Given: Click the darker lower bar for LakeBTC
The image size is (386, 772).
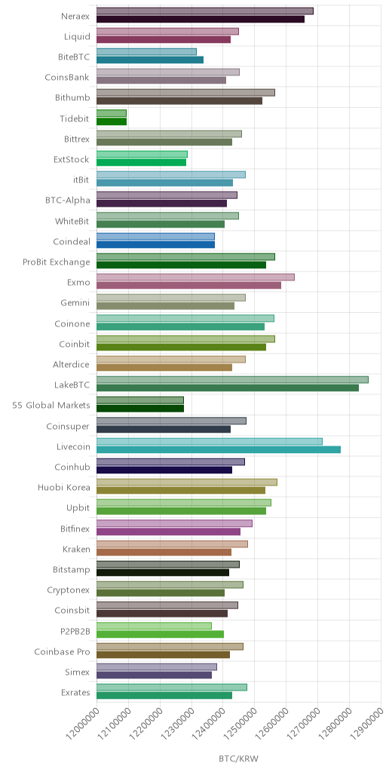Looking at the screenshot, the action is coord(228,388).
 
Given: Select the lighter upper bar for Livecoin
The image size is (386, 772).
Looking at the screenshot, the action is coord(210,441).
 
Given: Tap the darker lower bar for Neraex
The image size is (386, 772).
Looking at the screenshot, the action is coord(201,19).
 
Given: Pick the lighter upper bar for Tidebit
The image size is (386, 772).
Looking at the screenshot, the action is coord(112,113).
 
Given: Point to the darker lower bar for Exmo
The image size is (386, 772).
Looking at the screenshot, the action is coord(188,286).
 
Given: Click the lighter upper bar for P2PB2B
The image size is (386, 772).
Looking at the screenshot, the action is coord(154,626).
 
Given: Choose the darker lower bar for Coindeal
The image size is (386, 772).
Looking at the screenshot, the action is coord(155,245).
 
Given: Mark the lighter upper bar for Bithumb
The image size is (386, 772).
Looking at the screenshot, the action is coord(185,93).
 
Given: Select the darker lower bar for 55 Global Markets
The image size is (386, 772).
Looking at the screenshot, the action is coord(139,409).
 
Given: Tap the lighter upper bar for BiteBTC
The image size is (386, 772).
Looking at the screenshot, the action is coord(146,52).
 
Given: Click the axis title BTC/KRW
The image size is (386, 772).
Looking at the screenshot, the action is coord(239,758).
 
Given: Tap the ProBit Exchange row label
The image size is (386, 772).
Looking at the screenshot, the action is coord(56,262).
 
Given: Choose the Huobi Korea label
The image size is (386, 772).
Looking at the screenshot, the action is coord(64,488).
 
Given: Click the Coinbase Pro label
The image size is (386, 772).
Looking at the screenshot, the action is coord(62,652).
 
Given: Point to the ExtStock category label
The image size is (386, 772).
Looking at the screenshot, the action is coord(72,160).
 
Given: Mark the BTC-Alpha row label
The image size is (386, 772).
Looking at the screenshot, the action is coord(67,201).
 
